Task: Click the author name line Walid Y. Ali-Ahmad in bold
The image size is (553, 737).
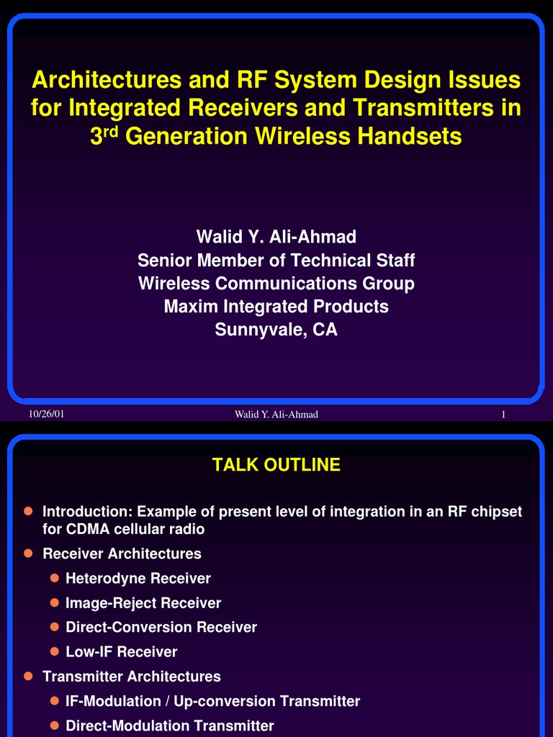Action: [x=276, y=237]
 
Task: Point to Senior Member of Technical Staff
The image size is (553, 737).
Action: [x=276, y=260]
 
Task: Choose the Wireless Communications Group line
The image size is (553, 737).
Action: [x=276, y=284]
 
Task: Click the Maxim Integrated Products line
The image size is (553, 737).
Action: [x=276, y=307]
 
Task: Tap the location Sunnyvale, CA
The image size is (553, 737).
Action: [x=276, y=330]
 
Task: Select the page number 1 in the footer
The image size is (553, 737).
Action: [x=503, y=415]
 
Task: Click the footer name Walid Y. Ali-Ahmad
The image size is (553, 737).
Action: [x=276, y=415]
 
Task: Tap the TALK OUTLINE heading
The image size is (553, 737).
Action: [x=276, y=465]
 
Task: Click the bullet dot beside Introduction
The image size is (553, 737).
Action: [x=29, y=511]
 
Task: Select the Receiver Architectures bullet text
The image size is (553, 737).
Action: [x=122, y=553]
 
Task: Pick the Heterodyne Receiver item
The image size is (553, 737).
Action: [x=138, y=578]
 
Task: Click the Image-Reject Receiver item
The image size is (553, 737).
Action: [x=143, y=602]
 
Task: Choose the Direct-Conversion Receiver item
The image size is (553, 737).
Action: [x=161, y=627]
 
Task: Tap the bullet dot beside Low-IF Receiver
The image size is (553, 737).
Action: [x=54, y=651]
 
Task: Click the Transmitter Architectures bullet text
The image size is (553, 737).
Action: [x=132, y=677]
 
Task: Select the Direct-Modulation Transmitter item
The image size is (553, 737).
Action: [x=170, y=725]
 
